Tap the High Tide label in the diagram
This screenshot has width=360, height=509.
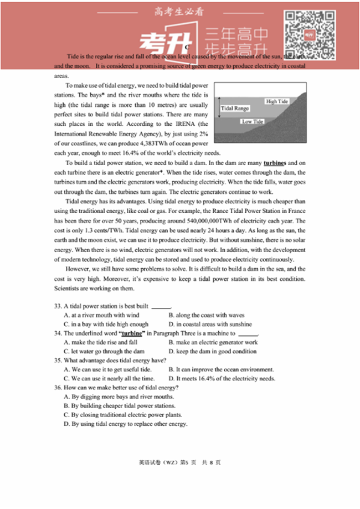(277, 101)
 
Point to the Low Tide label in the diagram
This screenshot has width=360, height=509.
(253, 121)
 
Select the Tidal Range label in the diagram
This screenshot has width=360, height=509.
(235, 109)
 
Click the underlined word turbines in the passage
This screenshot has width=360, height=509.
(276, 163)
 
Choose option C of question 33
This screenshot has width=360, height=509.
(106, 324)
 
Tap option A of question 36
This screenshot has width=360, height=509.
(119, 397)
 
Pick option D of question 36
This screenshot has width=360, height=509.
(126, 424)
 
